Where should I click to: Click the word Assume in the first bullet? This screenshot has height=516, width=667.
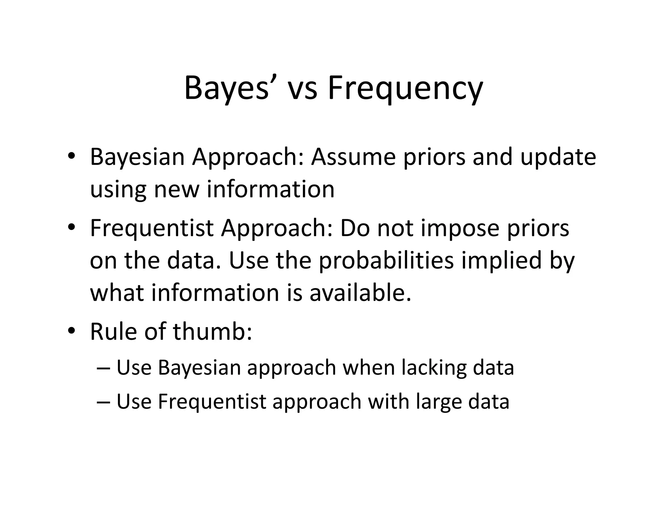pyautogui.click(x=353, y=157)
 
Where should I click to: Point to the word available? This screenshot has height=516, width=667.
pyautogui.click(x=360, y=293)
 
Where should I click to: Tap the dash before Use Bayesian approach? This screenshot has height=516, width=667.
pyautogui.click(x=104, y=368)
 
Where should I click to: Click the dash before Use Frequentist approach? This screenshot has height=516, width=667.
pyautogui.click(x=104, y=402)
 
